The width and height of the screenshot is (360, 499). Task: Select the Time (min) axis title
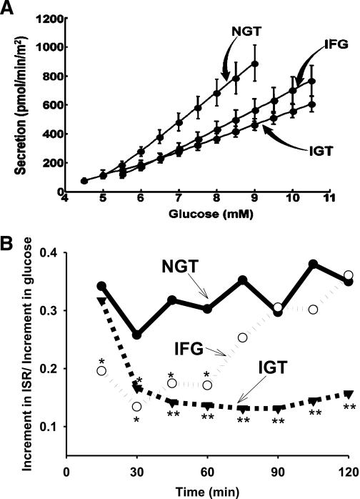[208, 490]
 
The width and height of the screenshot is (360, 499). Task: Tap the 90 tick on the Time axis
[279, 473]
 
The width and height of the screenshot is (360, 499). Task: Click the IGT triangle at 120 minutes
[348, 394]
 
